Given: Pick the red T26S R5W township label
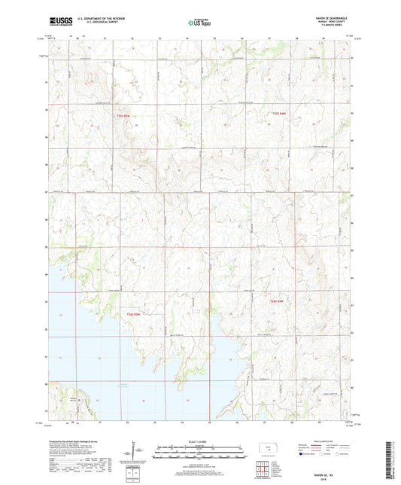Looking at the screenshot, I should [x=133, y=313].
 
